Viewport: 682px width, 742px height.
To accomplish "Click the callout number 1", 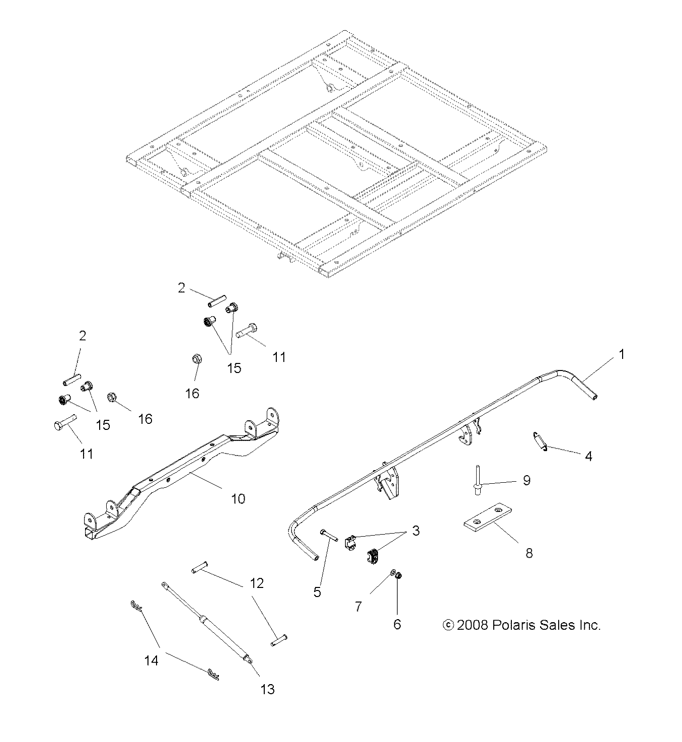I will [x=621, y=354].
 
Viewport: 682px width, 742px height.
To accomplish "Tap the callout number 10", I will [x=238, y=498].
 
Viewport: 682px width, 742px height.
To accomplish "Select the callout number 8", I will [x=529, y=553].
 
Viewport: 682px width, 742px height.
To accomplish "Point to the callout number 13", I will [x=268, y=689].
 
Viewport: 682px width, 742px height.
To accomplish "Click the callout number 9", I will [x=526, y=480].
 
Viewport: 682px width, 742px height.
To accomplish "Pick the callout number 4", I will [x=588, y=456].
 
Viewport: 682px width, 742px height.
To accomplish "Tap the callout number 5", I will [x=317, y=592].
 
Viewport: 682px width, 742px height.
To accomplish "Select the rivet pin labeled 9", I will [x=475, y=481].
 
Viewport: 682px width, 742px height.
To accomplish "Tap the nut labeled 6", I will [x=398, y=576].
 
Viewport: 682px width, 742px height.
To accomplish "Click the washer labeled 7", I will [x=391, y=573].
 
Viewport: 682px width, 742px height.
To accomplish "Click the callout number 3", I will [x=416, y=531].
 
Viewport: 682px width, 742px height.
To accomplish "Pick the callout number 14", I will [x=151, y=660].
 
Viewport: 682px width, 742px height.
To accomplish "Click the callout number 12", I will [x=256, y=583].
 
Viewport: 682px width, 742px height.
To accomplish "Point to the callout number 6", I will [x=397, y=624].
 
